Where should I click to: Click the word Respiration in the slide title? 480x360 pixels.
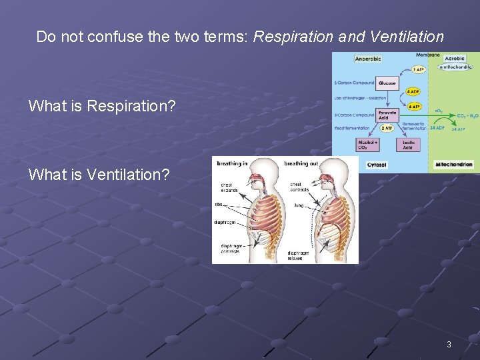(294, 37)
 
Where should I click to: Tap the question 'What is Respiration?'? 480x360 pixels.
(102, 105)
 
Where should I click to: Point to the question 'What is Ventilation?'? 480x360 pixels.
(99, 175)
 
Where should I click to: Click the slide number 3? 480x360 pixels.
(449, 345)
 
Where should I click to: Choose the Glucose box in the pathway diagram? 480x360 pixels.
(387, 83)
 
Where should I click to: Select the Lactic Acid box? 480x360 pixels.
(408, 144)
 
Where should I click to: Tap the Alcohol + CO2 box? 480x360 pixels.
(367, 144)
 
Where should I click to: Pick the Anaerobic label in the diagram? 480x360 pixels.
(368, 59)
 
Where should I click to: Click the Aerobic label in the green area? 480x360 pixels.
(455, 59)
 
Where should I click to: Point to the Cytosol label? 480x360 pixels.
(377, 164)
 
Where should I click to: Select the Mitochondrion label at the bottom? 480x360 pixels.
(454, 164)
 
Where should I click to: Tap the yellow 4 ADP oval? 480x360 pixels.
(413, 91)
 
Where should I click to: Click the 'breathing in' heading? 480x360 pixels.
(232, 163)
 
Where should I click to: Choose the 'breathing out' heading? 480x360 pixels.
(301, 163)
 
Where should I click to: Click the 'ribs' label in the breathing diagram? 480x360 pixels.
(218, 205)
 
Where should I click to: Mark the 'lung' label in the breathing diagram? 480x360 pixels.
(299, 206)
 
